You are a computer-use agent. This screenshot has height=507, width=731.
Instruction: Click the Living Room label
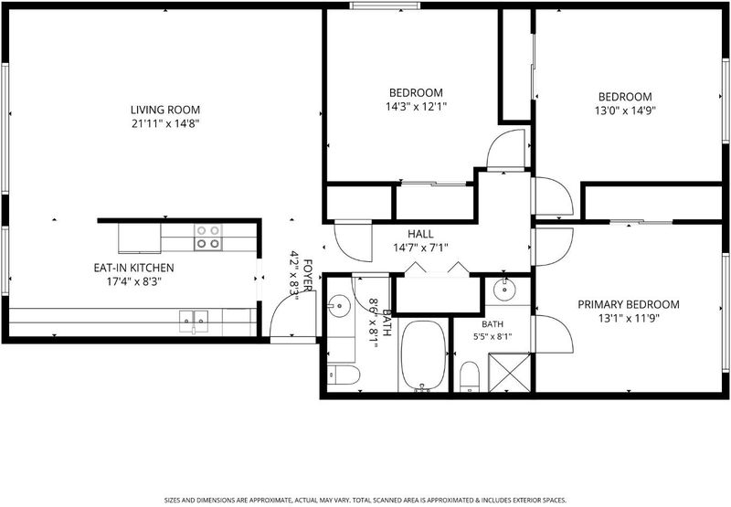(x=165, y=110)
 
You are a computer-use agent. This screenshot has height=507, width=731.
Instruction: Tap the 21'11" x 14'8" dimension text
(x=165, y=124)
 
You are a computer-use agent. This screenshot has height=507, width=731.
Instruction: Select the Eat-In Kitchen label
(x=133, y=268)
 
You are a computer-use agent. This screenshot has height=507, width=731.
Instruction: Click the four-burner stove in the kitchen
(x=208, y=237)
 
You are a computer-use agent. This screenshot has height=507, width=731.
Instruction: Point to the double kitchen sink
(x=195, y=322)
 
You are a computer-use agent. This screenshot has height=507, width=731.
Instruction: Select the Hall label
(x=420, y=234)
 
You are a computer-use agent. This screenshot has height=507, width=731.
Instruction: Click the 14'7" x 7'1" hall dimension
(x=420, y=248)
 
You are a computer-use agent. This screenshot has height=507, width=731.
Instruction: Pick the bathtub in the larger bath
(x=423, y=355)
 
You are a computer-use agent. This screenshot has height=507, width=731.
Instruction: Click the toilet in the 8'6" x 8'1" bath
(x=344, y=375)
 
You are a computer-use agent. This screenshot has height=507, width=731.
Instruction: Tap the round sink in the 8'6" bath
(x=339, y=306)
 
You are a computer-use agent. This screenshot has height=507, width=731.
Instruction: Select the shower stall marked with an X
(x=509, y=373)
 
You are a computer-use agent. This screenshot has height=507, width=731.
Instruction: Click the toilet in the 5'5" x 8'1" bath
(x=470, y=376)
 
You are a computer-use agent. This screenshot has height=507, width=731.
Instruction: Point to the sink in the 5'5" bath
(x=504, y=290)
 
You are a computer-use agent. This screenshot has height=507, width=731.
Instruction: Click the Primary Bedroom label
(x=629, y=305)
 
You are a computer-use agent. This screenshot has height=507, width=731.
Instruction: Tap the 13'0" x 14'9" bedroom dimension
(x=625, y=111)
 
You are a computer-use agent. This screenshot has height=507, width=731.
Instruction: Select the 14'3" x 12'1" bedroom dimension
(x=416, y=107)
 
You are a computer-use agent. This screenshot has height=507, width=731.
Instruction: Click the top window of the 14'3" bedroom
(x=385, y=5)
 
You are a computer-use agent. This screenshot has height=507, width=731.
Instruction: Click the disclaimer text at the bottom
(x=365, y=501)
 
